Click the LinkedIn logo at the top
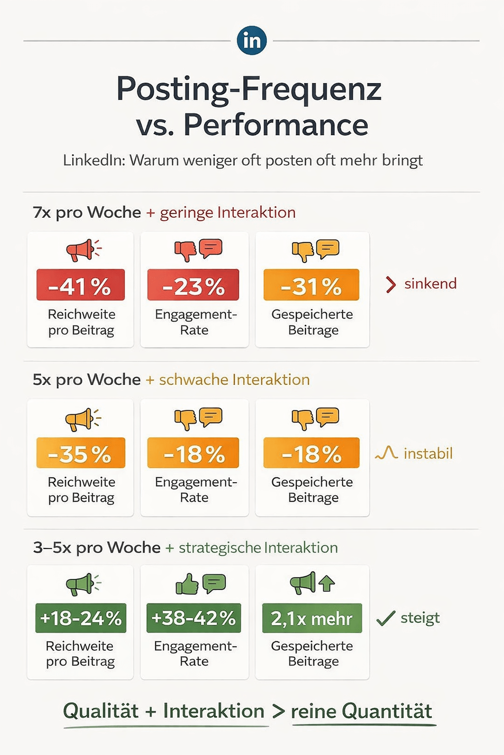click(x=252, y=40)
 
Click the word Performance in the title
click(x=276, y=125)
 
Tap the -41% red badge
click(x=80, y=285)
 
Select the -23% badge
click(x=193, y=285)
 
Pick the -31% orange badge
click(x=311, y=285)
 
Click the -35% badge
click(x=80, y=453)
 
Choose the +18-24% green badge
click(x=81, y=618)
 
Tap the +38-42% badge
click(x=193, y=618)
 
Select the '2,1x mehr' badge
click(x=312, y=618)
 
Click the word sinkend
click(x=430, y=284)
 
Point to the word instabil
click(x=428, y=453)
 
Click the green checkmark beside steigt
click(x=385, y=618)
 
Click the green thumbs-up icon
click(x=187, y=584)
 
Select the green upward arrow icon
click(x=326, y=583)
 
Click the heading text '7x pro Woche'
click(x=87, y=212)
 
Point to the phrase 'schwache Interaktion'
click(x=234, y=379)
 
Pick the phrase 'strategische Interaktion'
click(x=258, y=548)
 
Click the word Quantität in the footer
click(x=386, y=711)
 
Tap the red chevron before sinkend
click(x=391, y=285)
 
